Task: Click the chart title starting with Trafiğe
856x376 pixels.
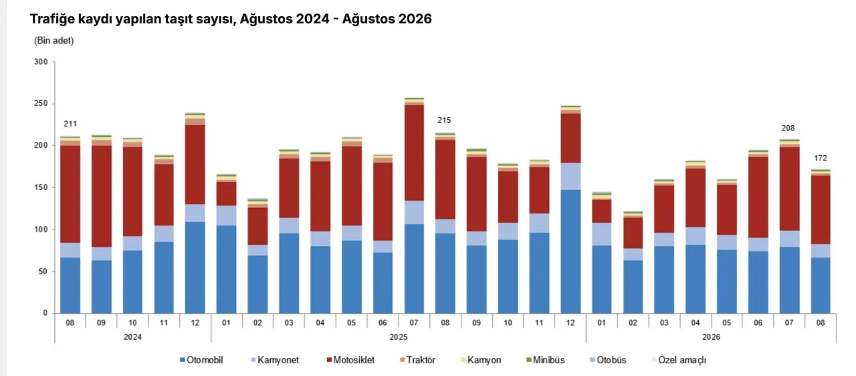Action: point(231,19)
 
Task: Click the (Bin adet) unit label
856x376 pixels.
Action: point(54,41)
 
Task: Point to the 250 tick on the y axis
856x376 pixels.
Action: point(41,104)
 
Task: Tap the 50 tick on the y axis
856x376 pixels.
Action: point(43,272)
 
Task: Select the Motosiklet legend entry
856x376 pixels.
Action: point(350,360)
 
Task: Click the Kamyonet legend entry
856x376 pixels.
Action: point(275,360)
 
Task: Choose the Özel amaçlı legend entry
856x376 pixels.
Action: point(679,360)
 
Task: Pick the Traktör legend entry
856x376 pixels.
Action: point(418,360)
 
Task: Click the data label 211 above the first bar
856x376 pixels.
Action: point(70,124)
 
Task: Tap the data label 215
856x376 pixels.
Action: point(444,120)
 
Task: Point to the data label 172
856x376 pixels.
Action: point(820,158)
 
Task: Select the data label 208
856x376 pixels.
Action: point(788,128)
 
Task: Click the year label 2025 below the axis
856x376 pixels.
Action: point(398,337)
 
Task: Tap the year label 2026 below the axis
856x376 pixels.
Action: point(711,337)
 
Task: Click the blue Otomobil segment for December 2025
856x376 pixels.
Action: point(570,252)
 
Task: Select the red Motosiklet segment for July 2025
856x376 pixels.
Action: point(414,153)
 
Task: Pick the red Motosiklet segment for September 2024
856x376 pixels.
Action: point(101,196)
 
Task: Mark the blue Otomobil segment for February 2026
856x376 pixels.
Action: point(633,287)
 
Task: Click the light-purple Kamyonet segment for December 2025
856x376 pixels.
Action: point(570,177)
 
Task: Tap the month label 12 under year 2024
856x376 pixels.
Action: point(195,323)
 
